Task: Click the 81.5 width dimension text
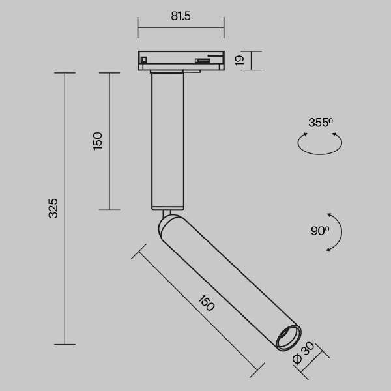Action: click(181, 17)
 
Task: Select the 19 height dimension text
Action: click(239, 61)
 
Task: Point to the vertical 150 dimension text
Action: click(98, 141)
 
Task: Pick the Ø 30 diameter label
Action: click(304, 356)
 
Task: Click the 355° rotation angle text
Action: click(321, 122)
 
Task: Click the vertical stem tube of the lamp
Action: click(168, 140)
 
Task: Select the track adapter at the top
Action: click(181, 60)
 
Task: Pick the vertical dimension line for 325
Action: click(65, 209)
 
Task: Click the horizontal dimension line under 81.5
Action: click(181, 28)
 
